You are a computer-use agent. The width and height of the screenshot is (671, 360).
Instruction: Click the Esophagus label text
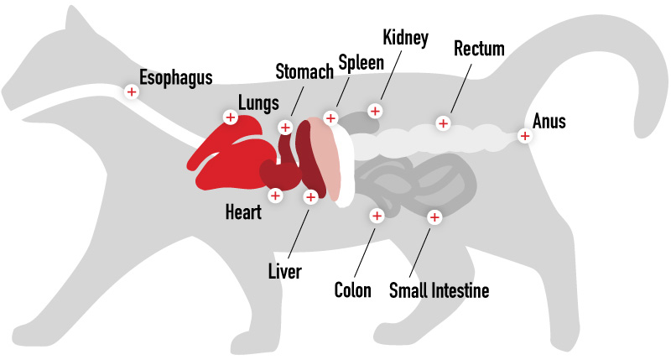176,78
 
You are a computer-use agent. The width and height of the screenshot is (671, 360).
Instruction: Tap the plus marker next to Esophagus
132,91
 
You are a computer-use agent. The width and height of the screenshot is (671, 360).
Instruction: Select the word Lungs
258,103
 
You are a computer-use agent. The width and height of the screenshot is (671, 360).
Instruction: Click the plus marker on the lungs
231,117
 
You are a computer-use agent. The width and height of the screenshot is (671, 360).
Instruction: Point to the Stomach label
304,71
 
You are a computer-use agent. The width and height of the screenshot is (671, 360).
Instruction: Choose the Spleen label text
362,63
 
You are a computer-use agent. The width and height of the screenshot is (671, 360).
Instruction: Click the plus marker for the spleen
330,117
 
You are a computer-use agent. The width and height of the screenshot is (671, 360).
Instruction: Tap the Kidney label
405,38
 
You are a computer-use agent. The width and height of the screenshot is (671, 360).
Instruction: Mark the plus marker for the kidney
375,112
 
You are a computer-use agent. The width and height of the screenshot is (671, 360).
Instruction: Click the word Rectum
479,49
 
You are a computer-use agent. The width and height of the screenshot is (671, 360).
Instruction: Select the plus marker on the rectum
444,123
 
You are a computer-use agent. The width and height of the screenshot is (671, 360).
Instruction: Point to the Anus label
549,121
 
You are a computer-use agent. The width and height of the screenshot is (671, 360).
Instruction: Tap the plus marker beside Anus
525,136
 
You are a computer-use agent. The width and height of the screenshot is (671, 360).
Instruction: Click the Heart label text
243,212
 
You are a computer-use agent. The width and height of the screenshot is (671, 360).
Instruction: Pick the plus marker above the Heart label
276,196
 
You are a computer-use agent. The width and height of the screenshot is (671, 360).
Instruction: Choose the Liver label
285,271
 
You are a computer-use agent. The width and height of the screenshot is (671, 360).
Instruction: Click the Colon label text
352,290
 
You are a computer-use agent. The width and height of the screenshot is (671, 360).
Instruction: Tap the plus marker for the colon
377,216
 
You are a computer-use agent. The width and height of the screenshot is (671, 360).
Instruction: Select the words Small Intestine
439,290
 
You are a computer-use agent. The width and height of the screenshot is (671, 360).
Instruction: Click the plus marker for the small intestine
434,217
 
